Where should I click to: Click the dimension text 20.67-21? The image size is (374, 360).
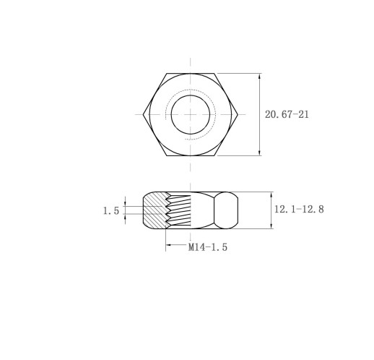(287, 114)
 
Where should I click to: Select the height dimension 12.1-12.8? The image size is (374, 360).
(299, 209)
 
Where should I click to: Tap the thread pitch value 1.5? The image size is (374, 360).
(111, 211)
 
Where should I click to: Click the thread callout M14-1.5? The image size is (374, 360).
(208, 247)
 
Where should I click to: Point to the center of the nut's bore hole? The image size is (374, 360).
(191, 114)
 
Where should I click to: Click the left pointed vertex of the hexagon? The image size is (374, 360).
(143, 114)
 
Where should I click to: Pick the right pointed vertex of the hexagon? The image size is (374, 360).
(238, 114)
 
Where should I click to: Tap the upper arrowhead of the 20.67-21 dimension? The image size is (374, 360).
(259, 76)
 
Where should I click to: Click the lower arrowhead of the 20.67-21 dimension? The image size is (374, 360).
(259, 153)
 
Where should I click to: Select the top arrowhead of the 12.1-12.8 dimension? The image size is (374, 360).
(271, 195)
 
